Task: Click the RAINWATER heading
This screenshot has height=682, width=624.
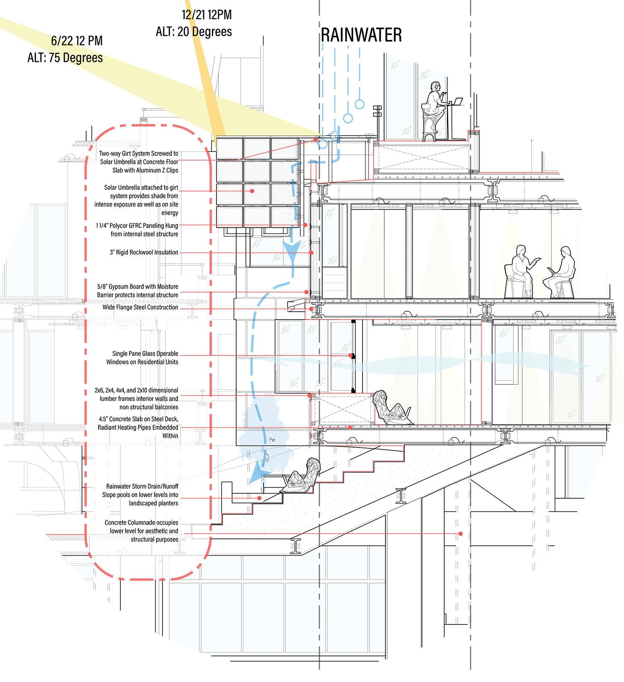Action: tap(361, 35)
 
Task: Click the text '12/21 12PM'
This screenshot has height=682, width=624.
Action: tap(206, 15)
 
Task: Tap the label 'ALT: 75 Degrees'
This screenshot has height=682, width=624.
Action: tap(65, 58)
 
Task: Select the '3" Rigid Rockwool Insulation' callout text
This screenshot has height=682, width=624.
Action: tap(144, 252)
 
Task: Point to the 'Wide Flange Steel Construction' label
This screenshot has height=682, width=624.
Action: tap(140, 307)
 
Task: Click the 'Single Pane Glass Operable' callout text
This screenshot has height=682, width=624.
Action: tap(145, 353)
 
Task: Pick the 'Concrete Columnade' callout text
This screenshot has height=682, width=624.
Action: tap(141, 522)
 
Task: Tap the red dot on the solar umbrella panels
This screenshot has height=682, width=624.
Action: tap(252, 191)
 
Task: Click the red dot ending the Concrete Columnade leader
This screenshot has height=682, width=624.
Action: tap(460, 534)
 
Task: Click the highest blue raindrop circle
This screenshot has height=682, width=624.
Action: tap(359, 105)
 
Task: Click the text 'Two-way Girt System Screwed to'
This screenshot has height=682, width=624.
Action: tap(138, 153)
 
